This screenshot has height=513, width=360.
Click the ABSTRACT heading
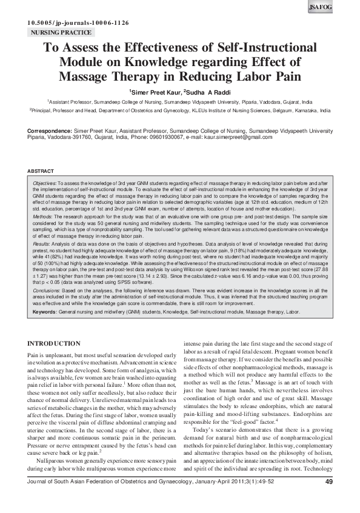click(x=41, y=172)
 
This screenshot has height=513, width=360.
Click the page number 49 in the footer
click(x=328, y=499)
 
